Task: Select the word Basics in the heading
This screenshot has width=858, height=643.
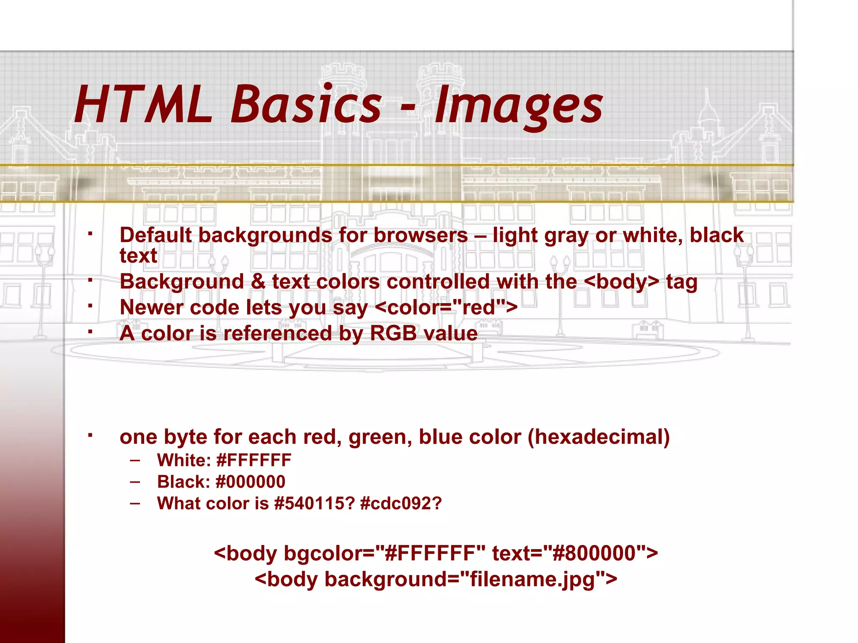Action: point(306,105)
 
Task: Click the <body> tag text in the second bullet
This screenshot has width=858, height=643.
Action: point(622,281)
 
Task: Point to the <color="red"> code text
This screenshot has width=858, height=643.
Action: point(447,308)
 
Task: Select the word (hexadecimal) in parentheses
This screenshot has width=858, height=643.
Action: point(599,437)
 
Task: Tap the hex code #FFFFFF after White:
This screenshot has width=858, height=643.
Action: point(254,460)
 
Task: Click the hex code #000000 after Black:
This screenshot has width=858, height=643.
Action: point(251,482)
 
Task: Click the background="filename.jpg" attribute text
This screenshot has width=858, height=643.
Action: point(465,580)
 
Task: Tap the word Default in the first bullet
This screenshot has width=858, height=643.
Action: point(156,235)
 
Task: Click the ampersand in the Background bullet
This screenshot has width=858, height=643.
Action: point(258,281)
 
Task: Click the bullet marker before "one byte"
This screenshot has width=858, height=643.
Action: point(90,436)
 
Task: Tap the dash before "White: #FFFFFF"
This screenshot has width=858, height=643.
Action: point(135,460)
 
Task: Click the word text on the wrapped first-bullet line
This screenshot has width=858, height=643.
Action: point(138,256)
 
